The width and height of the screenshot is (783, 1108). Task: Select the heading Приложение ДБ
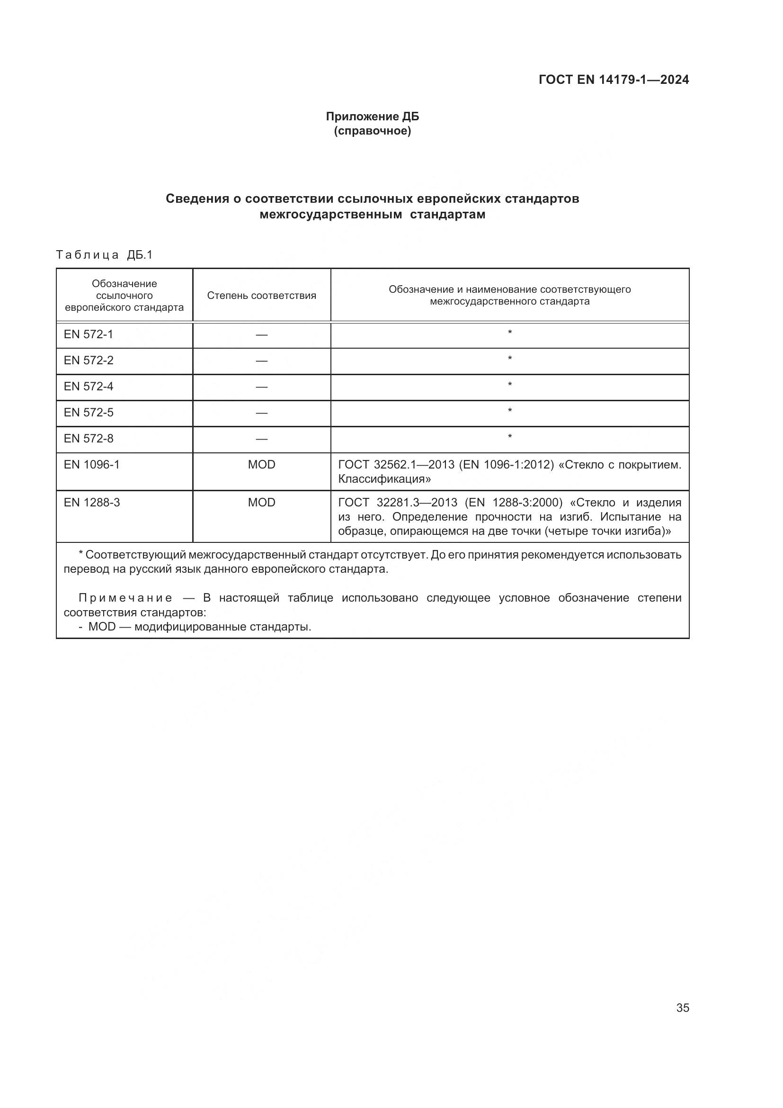coord(372,117)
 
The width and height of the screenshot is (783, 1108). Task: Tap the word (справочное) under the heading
coord(372,131)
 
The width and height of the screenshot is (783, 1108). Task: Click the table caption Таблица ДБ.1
coord(104,255)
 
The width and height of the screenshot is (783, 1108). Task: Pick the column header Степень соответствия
coord(261,295)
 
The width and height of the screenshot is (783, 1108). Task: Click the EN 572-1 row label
coord(88,334)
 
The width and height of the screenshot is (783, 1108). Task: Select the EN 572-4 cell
coord(88,387)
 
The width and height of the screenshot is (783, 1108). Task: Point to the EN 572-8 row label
coord(88,439)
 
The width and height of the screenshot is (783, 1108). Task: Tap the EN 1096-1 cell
coord(92,465)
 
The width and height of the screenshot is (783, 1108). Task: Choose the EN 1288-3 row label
coord(92,503)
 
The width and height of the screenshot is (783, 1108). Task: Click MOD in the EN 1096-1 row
coord(261,465)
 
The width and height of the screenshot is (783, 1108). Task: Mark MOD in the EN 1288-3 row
coord(261,503)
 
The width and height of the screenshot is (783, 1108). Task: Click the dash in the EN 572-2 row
coord(261,361)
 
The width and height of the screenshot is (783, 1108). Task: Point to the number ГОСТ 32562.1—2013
coord(396,465)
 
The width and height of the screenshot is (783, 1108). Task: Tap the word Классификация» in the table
coord(384,479)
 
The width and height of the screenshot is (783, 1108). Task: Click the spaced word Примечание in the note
coord(125,598)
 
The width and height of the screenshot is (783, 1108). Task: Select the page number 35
coord(682,1008)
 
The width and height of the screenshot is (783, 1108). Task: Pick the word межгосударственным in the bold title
coord(330,215)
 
